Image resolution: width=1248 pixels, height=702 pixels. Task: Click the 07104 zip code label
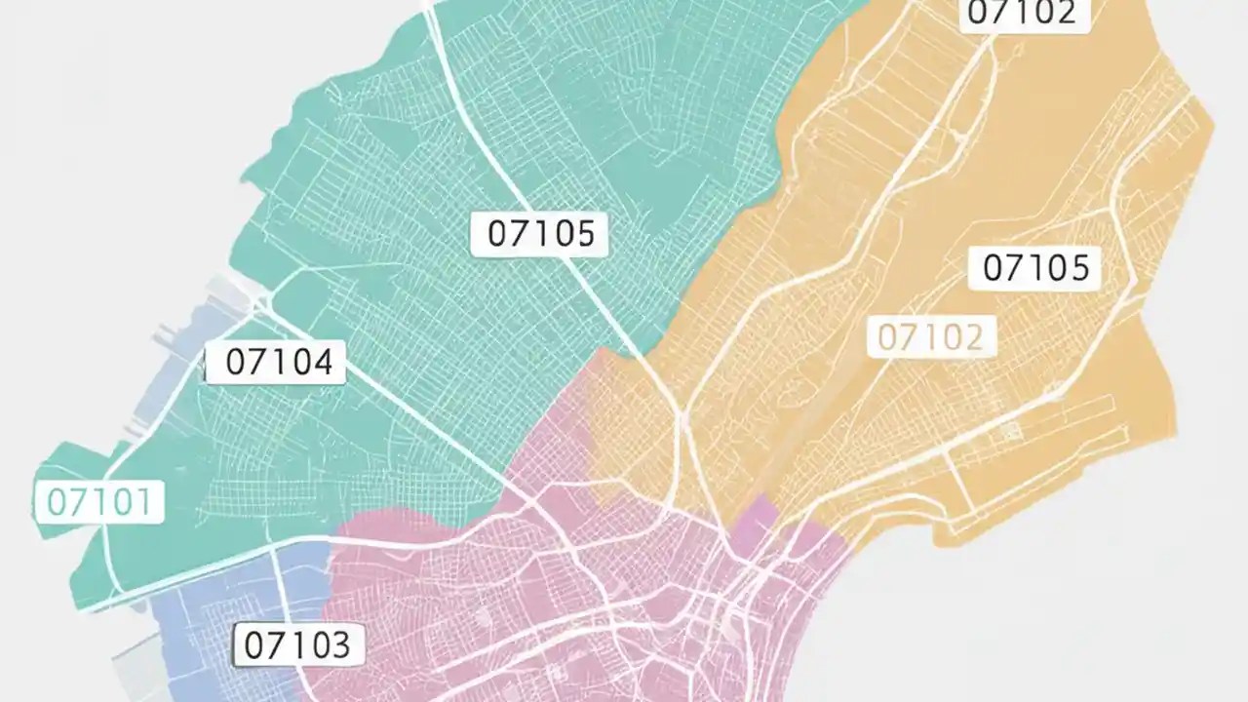[279, 363]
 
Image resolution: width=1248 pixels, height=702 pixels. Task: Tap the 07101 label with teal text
[99, 502]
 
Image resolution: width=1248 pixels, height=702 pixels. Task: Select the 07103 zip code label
[296, 645]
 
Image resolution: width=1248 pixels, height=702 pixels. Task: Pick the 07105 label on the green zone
[540, 234]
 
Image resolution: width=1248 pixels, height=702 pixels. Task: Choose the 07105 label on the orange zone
[1035, 267]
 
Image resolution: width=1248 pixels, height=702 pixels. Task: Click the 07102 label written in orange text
[931, 337]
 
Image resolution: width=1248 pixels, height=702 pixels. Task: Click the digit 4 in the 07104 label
[322, 363]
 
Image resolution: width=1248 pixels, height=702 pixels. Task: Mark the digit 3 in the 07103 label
[339, 645]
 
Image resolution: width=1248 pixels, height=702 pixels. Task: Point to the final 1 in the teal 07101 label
[144, 502]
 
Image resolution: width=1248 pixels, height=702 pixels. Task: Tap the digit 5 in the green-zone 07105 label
[583, 234]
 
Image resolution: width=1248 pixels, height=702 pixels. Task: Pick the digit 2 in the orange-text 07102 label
[973, 337]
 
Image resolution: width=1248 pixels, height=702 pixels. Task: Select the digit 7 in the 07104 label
[258, 363]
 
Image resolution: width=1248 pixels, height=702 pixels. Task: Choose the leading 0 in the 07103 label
[253, 645]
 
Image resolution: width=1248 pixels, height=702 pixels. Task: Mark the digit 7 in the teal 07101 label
[78, 502]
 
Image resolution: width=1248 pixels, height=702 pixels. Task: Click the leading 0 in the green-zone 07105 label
[498, 234]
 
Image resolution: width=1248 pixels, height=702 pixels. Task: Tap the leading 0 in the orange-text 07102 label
[889, 337]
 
